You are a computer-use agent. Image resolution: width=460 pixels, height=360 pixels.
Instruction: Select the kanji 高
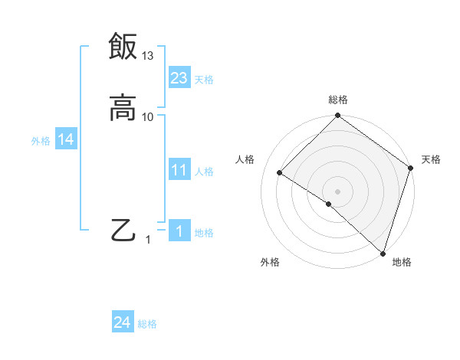[x=123, y=108]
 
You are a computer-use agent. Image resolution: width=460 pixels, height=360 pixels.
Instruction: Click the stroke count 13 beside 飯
[x=148, y=56]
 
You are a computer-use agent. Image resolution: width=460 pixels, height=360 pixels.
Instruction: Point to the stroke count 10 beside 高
[x=148, y=117]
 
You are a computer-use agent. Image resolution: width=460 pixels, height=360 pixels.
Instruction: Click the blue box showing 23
[x=179, y=77]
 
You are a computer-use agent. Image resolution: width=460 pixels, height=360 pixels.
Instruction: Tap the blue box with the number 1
[x=179, y=231]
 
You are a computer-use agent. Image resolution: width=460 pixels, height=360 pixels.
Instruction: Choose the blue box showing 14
[x=66, y=139]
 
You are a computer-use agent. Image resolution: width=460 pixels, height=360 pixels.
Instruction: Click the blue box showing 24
[x=123, y=322]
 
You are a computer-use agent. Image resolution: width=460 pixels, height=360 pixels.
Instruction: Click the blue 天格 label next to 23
[x=204, y=80]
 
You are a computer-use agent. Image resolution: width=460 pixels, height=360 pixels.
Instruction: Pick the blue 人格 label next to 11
[x=205, y=172]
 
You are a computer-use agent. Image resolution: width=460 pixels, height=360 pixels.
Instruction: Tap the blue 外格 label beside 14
[x=41, y=141]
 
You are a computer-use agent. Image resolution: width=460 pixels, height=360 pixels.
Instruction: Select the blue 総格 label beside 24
[x=148, y=325]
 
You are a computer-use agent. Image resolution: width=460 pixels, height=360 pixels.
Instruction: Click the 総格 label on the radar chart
[x=338, y=100]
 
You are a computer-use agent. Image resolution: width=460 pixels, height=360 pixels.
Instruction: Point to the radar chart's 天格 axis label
[x=431, y=159]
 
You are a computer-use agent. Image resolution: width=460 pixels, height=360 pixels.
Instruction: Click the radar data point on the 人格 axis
[x=280, y=173]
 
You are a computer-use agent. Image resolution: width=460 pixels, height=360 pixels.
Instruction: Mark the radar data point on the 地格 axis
[x=383, y=254]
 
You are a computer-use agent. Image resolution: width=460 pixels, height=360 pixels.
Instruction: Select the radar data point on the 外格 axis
[x=329, y=205]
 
